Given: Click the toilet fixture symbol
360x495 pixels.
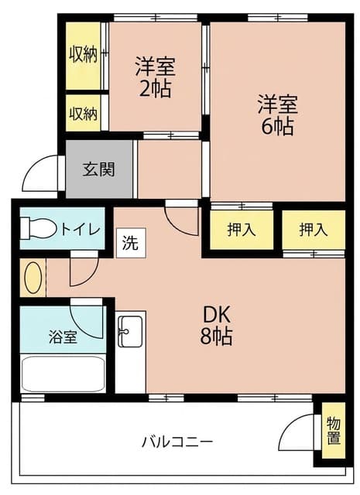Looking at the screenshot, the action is tap(38, 227).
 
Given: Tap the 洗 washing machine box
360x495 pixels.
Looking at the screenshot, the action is tap(131, 243).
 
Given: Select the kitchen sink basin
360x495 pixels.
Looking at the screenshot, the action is tap(130, 331).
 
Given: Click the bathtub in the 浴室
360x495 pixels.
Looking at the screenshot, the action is tap(63, 374).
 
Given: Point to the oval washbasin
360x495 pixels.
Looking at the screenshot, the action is tap(33, 278).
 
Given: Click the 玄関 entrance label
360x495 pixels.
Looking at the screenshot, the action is tap(98, 169).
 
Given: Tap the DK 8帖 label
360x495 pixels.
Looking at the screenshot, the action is tap(217, 325).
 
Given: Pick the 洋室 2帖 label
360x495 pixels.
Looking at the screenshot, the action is tap(155, 77).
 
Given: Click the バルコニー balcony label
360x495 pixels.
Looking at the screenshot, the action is tap(177, 442).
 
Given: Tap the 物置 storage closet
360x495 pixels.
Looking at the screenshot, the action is tap(334, 431).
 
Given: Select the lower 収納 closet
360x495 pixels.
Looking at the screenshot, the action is tap(84, 113).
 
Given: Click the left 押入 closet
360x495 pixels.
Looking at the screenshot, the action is tap(242, 230).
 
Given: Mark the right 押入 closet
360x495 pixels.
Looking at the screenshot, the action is tap(314, 230).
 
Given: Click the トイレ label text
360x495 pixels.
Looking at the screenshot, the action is tap(81, 230).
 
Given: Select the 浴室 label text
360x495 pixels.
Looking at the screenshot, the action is tap(63, 337).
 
